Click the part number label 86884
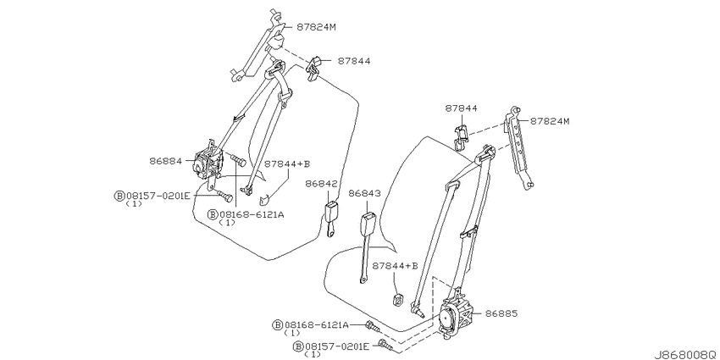coord(165,161)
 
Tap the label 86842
coord(321,184)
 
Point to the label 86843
coord(364,194)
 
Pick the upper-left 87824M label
coord(316,27)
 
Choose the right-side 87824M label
coord(550,121)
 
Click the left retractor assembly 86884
coord(209,164)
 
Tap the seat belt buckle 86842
coord(331,219)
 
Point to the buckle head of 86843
coord(369,224)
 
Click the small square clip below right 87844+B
coord(398,299)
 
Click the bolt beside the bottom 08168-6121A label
coord(372,327)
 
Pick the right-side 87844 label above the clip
coord(461,108)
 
